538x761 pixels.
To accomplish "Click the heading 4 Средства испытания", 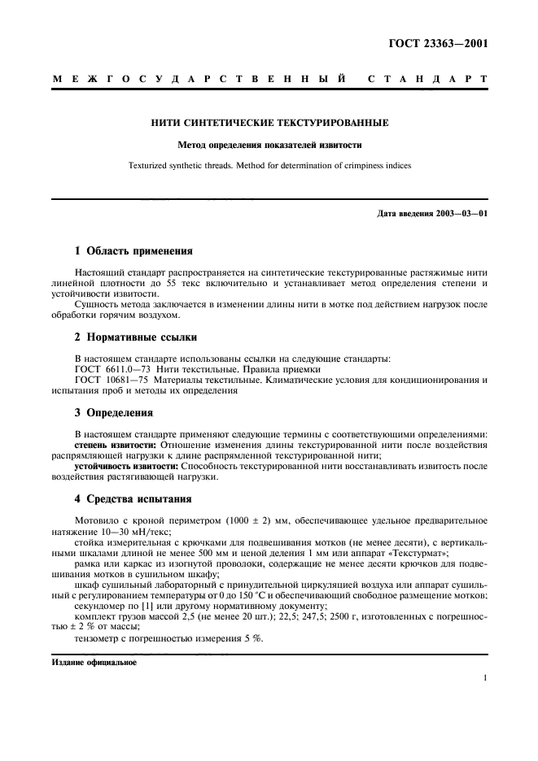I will [x=133, y=498].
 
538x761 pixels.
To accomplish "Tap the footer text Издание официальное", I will [x=94, y=662].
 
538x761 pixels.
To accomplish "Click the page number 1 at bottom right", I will [x=484, y=677].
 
